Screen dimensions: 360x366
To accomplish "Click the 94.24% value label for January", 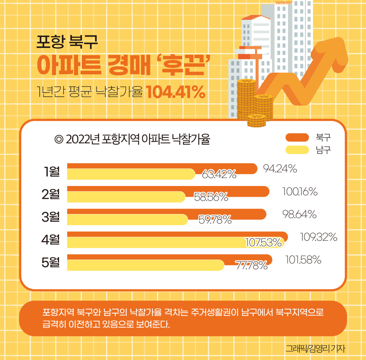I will point(280,169).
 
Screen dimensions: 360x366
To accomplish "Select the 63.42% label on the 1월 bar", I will point(219,174).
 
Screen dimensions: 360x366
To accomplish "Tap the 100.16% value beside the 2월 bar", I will point(300,192).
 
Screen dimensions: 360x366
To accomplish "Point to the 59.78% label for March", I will point(215,219).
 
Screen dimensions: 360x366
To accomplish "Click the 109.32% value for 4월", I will point(318,237).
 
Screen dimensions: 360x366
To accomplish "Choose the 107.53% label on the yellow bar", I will point(263,243).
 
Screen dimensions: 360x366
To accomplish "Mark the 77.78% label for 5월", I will point(251,265).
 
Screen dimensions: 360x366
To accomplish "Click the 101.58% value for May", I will point(303,260).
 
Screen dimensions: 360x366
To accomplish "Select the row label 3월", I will point(51,217).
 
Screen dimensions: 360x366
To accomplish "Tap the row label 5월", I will point(51,262).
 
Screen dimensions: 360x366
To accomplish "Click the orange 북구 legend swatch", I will point(297,137).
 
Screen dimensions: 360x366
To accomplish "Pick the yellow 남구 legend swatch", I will point(297,150).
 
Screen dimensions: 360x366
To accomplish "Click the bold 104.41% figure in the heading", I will point(176,92).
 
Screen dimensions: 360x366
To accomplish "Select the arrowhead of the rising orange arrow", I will point(335,51).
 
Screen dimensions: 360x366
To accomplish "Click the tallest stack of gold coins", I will point(246,99).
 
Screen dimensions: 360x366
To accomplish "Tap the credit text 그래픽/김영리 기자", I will point(315,348).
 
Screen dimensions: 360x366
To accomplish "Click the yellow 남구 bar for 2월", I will point(126,197).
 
